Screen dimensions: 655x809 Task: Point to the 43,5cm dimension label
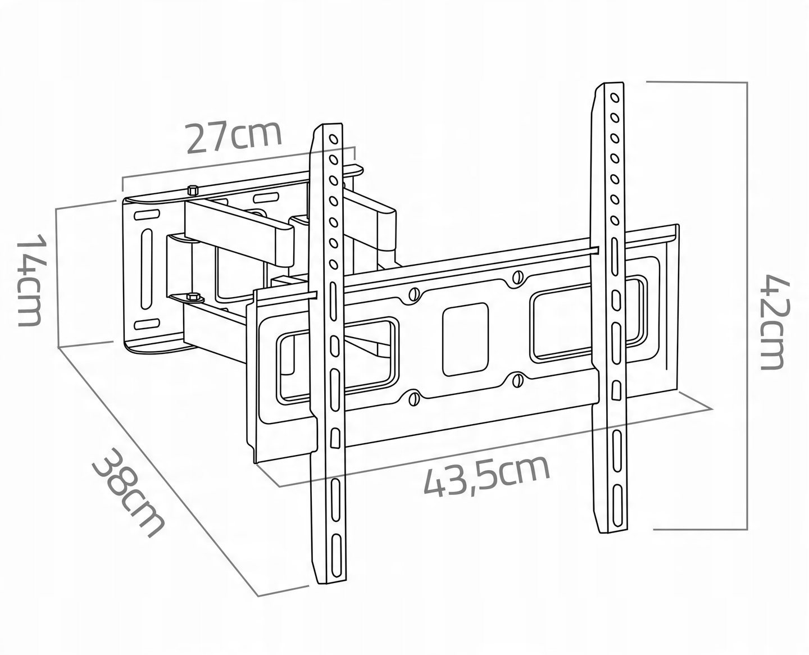point(486,475)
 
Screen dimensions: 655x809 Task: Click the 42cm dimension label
point(778,321)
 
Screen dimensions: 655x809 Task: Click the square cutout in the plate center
point(465,339)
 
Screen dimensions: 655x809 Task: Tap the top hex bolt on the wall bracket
point(193,190)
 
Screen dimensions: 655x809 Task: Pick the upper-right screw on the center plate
point(517,277)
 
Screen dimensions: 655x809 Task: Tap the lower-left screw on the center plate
point(414,399)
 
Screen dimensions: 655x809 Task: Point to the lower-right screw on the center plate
point(517,380)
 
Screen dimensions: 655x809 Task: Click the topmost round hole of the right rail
point(614,98)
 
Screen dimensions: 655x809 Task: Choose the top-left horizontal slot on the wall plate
point(146,215)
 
